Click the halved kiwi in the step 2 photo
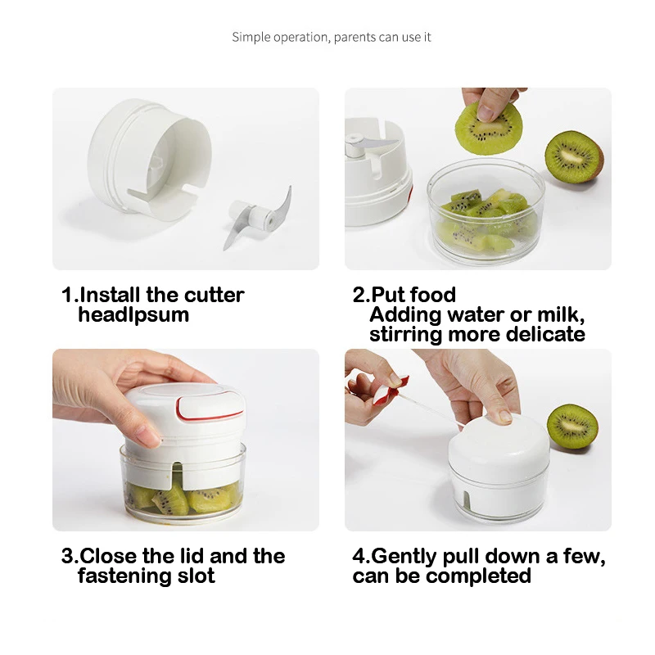[x=573, y=156]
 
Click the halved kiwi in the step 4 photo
[x=571, y=426]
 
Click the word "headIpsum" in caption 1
[x=133, y=314]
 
